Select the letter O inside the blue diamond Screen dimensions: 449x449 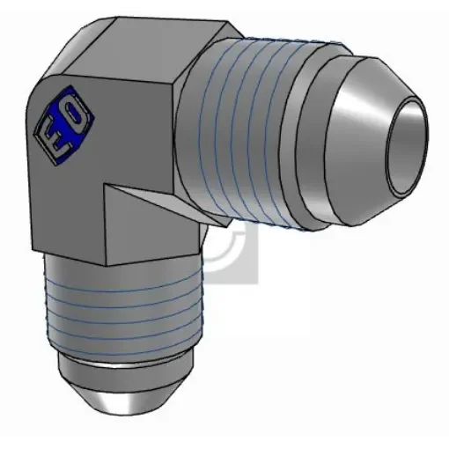pos(71,111)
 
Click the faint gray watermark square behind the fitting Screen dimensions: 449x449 pos(238,255)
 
